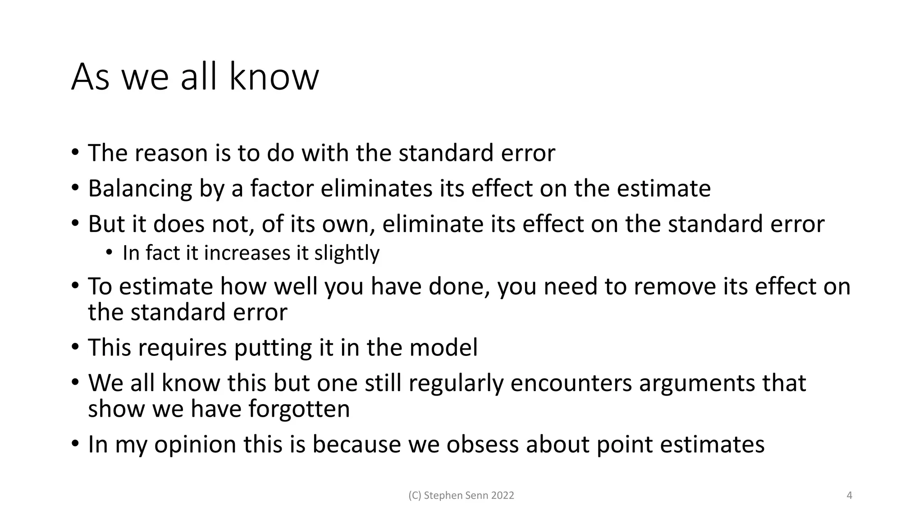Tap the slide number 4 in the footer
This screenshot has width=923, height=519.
coord(850,496)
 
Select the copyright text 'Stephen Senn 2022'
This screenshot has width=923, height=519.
coord(461,496)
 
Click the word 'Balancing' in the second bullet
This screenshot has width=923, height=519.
coord(140,188)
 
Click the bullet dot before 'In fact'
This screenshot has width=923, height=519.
coord(109,253)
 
